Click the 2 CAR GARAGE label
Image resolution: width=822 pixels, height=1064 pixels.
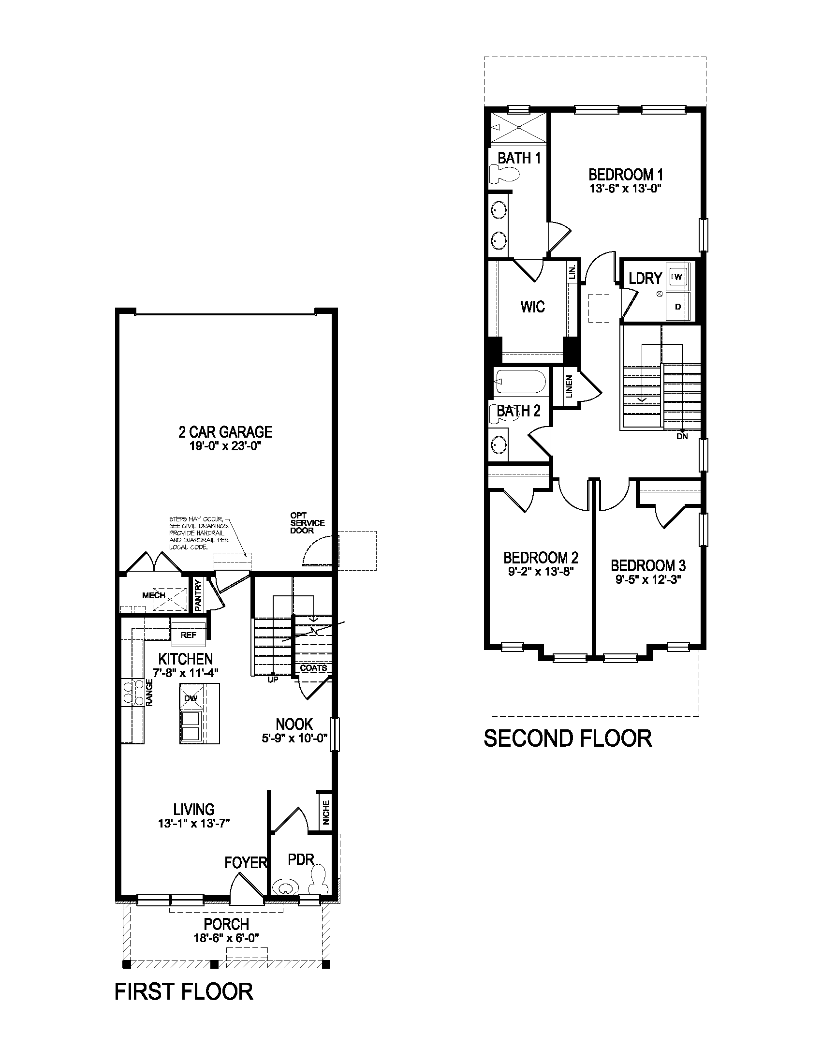(225, 431)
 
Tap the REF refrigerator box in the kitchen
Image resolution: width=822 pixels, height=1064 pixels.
(189, 635)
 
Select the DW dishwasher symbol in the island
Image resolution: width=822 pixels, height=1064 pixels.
(191, 698)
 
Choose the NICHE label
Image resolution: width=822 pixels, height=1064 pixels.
(326, 812)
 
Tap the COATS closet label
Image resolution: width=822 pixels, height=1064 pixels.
(313, 668)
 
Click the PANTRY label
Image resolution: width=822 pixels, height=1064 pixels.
(198, 595)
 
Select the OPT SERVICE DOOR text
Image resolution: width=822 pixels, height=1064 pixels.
(307, 523)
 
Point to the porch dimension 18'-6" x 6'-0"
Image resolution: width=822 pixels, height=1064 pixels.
(226, 938)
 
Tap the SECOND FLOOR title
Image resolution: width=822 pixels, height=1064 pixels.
(567, 738)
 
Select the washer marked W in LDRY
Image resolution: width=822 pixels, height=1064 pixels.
(679, 277)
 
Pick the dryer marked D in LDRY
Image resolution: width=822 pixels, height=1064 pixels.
(678, 307)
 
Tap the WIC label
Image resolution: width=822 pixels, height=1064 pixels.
(532, 307)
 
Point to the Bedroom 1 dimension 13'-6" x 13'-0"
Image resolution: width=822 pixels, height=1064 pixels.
(625, 189)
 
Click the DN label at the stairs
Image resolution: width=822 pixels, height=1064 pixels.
(682, 436)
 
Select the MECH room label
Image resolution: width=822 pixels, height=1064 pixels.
(154, 595)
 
